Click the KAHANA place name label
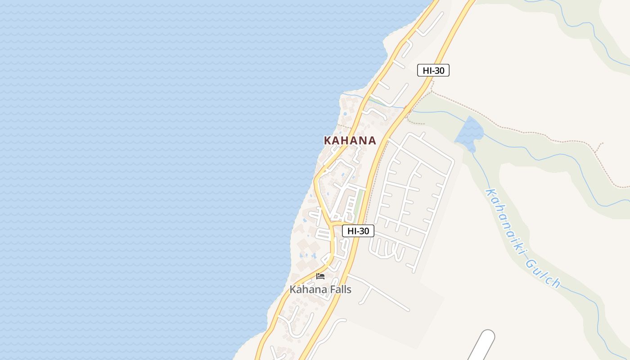(x=350, y=140)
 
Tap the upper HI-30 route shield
(x=433, y=70)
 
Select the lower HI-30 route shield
(x=358, y=231)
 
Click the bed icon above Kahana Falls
(x=320, y=276)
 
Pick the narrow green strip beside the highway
(x=360, y=202)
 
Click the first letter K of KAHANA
(x=328, y=140)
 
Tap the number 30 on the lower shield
(x=364, y=231)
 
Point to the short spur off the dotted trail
(x=599, y=148)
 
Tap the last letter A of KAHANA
(x=372, y=140)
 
